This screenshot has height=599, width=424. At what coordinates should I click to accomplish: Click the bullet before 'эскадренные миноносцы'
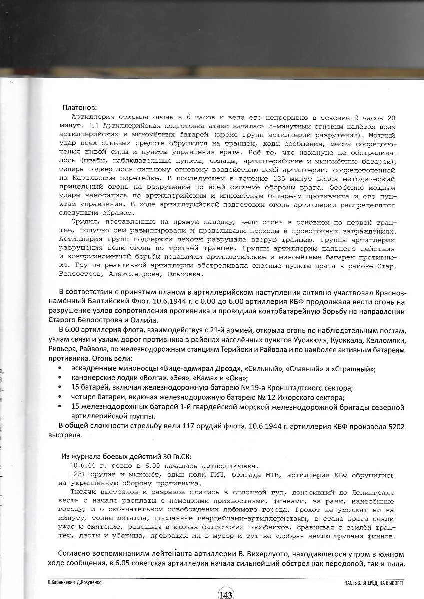coord(60,368)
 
